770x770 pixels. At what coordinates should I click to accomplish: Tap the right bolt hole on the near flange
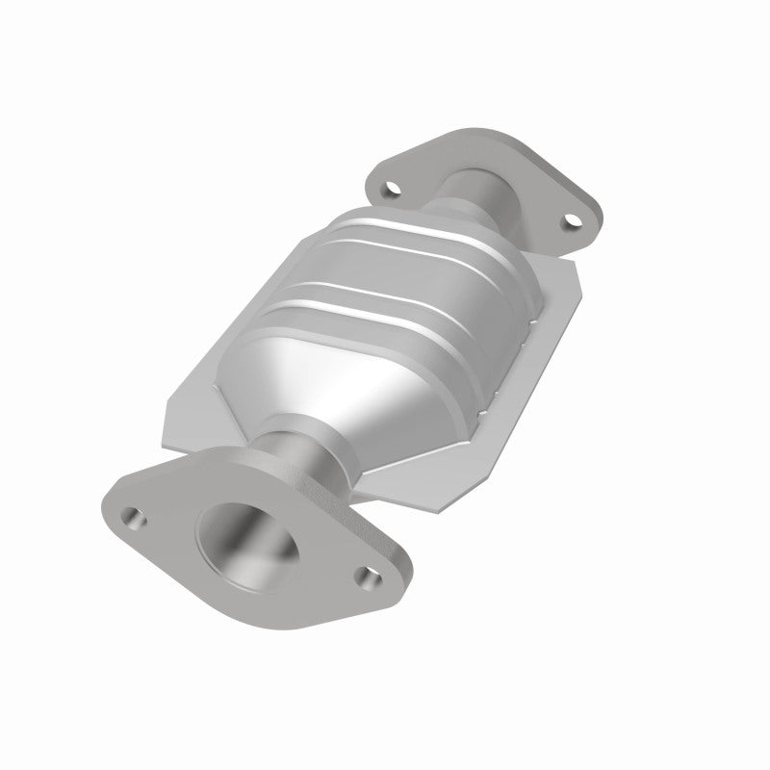tap(365, 577)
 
